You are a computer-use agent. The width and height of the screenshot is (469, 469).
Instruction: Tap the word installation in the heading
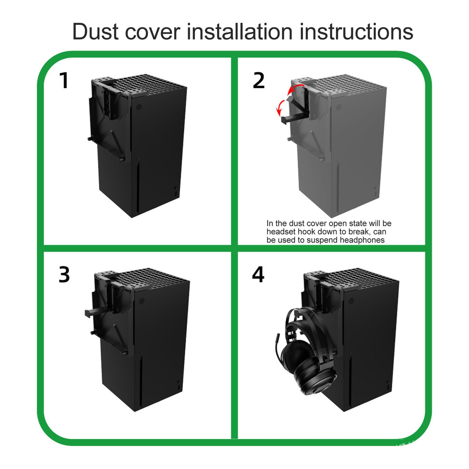[x=239, y=31]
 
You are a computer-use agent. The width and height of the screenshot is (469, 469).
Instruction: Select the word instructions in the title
[x=356, y=31]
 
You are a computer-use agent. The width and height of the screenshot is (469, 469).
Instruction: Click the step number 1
[x=64, y=80]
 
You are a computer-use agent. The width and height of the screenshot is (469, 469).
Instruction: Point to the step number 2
[x=259, y=80]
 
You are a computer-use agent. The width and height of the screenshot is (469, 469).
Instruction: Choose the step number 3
[x=64, y=275]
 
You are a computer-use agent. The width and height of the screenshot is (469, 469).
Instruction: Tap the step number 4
[x=258, y=275]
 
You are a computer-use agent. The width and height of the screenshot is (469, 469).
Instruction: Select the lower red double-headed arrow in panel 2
[x=281, y=107]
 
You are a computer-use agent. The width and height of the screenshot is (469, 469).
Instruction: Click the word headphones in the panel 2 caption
[x=362, y=240]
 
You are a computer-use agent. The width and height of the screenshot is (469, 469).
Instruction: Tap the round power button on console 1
[x=139, y=107]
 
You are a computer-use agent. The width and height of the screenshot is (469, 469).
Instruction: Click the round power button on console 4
[x=351, y=301]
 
